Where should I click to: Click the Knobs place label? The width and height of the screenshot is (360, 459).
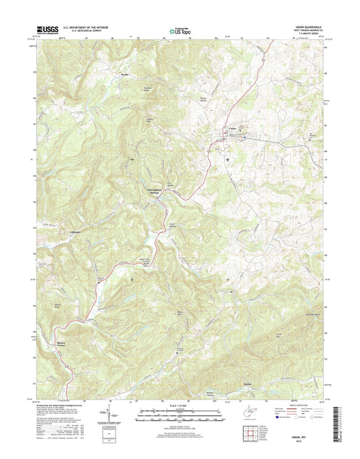pos(124,73)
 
